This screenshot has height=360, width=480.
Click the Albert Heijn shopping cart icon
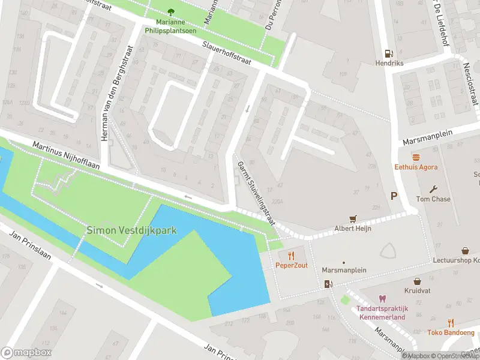353,219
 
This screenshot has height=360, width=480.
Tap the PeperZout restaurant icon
292,256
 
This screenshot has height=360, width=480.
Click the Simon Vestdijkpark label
132,229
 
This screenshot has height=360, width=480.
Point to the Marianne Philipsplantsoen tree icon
171,12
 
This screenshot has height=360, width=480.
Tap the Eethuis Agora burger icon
415,157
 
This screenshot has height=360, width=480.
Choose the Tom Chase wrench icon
433,189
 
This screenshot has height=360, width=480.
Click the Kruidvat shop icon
417,281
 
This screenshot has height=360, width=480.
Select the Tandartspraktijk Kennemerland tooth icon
381,299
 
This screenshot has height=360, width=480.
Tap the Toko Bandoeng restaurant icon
451,322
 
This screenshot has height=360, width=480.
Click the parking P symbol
394,196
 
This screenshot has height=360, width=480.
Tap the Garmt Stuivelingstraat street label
256,193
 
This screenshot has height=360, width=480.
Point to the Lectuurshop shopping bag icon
465,251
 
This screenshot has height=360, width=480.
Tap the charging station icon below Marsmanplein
328,284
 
